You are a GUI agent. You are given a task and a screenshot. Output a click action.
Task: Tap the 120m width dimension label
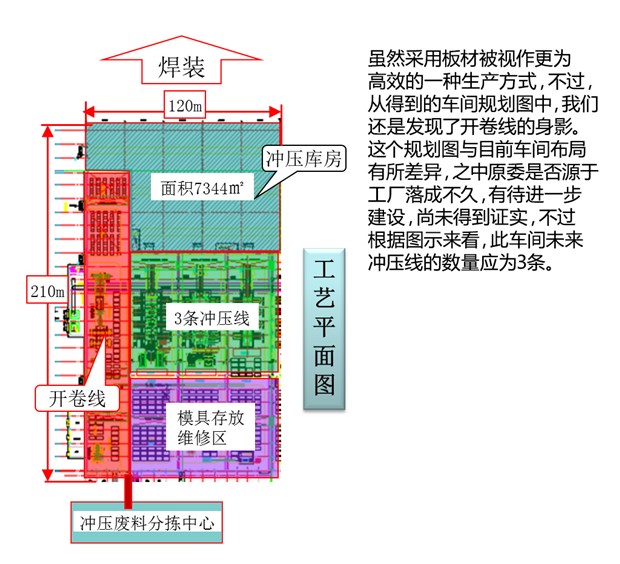(x=185, y=105)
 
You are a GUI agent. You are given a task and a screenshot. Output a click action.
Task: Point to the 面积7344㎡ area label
(x=197, y=186)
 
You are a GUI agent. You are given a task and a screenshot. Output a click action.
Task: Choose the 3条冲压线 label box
(x=211, y=318)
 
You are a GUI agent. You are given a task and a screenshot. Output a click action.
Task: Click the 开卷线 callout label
(x=77, y=398)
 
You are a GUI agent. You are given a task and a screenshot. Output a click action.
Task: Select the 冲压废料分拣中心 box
(x=146, y=522)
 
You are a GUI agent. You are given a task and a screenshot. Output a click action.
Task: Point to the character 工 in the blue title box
(x=325, y=270)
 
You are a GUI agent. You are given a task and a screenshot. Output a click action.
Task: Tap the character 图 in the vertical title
(x=325, y=385)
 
